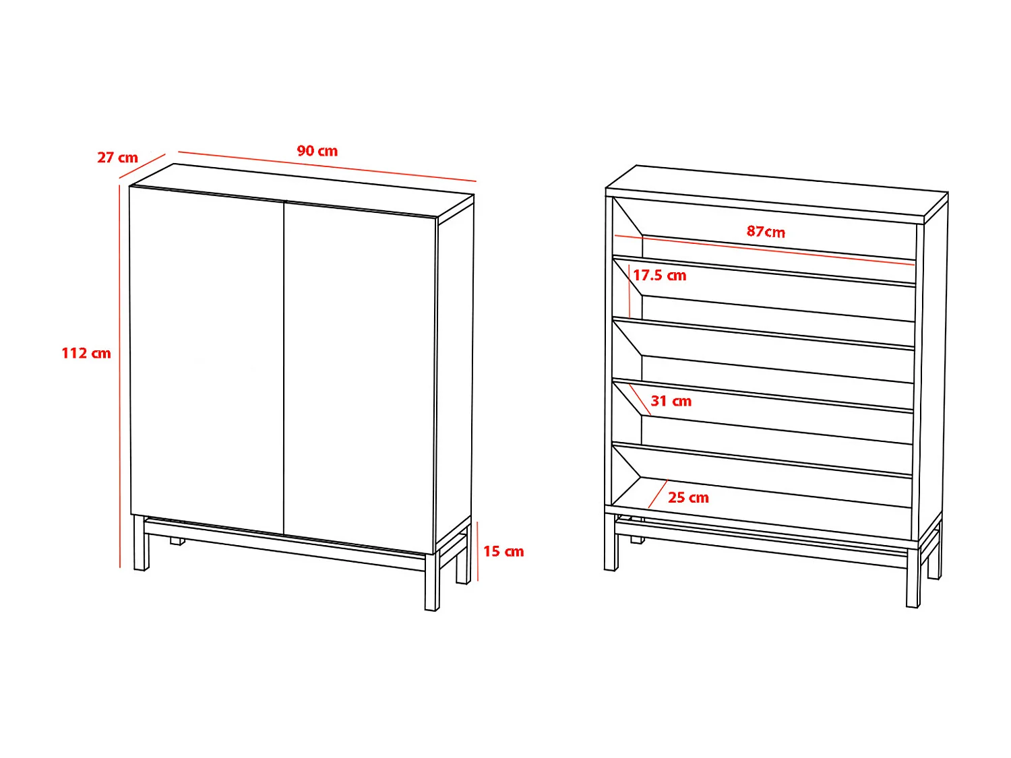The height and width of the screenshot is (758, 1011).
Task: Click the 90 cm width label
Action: point(317,151)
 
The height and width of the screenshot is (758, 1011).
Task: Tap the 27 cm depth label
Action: point(117,158)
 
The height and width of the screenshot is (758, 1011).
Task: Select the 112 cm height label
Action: point(86,353)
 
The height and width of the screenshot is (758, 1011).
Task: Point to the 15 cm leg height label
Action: point(503,552)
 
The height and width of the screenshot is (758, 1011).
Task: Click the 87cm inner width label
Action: point(766,232)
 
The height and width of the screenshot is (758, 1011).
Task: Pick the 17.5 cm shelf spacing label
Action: point(659,276)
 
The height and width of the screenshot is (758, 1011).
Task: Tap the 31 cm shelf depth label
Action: point(671,402)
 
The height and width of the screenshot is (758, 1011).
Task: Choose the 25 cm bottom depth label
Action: point(688,498)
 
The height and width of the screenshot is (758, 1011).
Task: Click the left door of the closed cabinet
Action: point(206,357)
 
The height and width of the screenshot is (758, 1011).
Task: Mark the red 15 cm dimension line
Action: point(477,550)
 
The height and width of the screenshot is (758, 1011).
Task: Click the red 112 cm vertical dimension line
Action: point(120,377)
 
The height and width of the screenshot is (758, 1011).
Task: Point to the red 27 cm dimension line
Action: point(142,166)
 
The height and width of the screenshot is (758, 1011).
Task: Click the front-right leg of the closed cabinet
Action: point(431,583)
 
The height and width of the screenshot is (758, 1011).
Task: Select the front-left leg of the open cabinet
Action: point(611,543)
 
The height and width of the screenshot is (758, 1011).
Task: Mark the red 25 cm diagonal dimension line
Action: point(657,495)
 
